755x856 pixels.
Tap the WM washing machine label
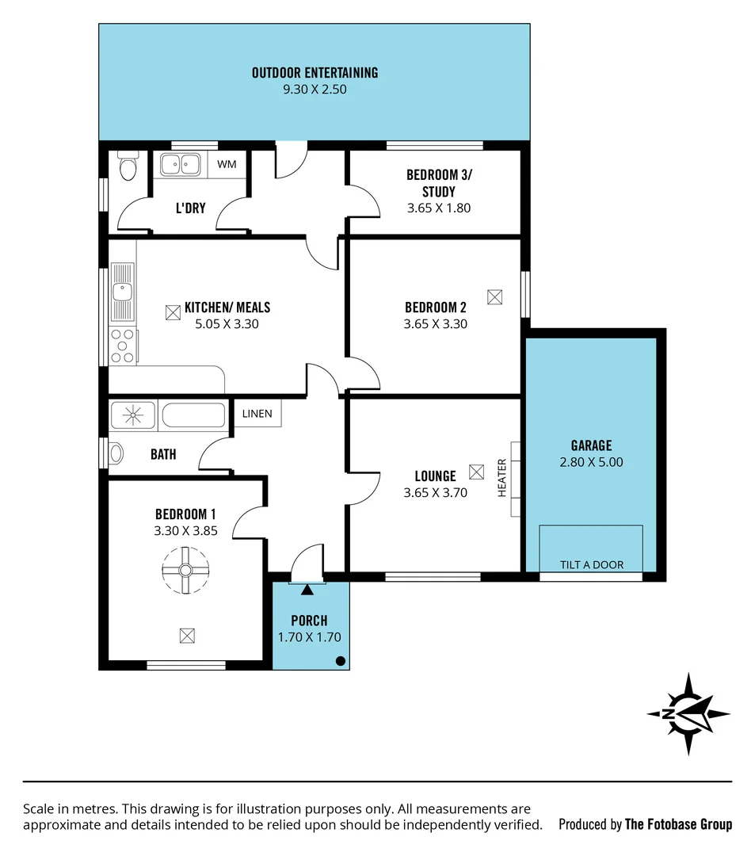[x=227, y=164]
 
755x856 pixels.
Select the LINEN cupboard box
[x=257, y=413]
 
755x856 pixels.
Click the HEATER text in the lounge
[x=501, y=478]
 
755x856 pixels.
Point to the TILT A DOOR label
[x=591, y=565]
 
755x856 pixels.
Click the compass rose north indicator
[x=688, y=713]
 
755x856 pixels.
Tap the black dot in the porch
[x=340, y=660]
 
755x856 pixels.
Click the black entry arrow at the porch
[x=307, y=589]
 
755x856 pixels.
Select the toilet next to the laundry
[x=127, y=166]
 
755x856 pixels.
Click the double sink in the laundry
[x=180, y=164]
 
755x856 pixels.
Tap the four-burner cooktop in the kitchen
[x=123, y=346]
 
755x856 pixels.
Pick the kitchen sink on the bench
[x=122, y=292]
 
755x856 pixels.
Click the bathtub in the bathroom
[x=194, y=415]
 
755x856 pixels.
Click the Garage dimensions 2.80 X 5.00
[x=591, y=461]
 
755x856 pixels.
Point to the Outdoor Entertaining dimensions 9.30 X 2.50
[x=315, y=90]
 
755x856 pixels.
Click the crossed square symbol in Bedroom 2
[x=495, y=296]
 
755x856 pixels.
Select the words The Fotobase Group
[x=678, y=824]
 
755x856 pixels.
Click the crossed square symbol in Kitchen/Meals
[x=173, y=312]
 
